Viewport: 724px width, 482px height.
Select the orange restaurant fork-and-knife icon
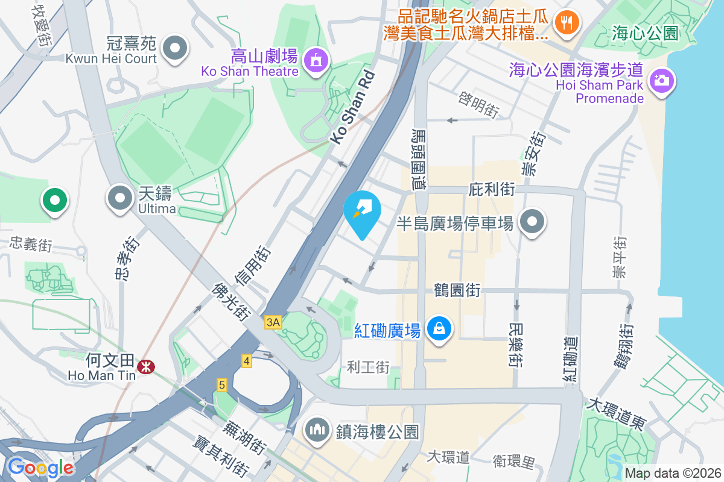click(x=565, y=22)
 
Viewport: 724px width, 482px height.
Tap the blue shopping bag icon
click(x=440, y=329)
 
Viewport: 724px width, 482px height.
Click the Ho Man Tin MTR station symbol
click(x=145, y=366)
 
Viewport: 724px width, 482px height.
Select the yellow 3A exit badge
click(x=273, y=323)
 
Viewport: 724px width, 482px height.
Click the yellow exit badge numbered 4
click(x=246, y=361)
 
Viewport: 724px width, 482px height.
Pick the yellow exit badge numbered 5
click(x=222, y=384)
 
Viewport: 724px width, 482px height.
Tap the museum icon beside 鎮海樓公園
click(x=316, y=430)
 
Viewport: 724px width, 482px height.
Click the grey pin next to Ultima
click(x=120, y=197)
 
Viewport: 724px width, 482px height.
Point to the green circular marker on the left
click(x=54, y=199)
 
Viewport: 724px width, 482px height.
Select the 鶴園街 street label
click(x=457, y=290)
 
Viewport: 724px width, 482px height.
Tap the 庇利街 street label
click(x=491, y=190)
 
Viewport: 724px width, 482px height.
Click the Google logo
click(x=40, y=467)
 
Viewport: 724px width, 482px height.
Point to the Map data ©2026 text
click(x=672, y=473)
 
